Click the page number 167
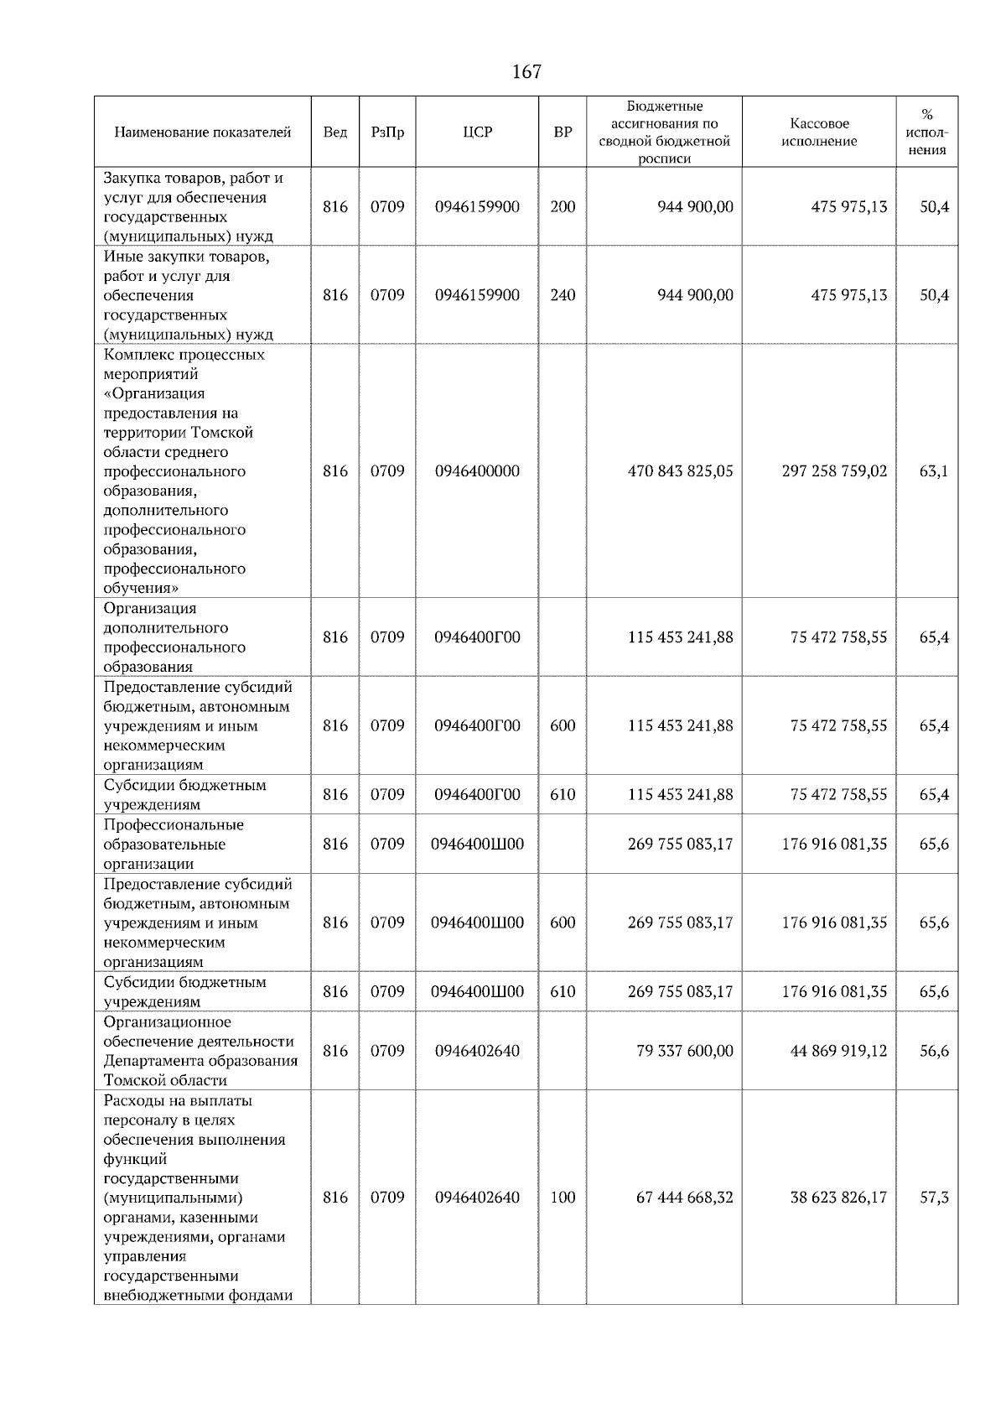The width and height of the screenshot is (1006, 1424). (526, 72)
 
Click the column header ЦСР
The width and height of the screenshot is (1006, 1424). (477, 133)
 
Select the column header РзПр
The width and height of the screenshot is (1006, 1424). (387, 133)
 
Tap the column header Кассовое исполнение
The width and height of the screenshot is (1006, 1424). (819, 133)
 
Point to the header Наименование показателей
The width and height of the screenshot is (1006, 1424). (203, 133)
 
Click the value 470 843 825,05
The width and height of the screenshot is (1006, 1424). (680, 471)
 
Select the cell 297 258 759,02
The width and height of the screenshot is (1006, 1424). (834, 471)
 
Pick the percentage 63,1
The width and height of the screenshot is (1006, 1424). (934, 471)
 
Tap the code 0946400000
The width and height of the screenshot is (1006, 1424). (477, 471)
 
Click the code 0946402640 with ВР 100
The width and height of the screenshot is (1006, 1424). (477, 1198)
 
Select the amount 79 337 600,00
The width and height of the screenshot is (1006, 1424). (685, 1051)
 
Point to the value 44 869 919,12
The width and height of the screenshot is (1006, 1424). (838, 1051)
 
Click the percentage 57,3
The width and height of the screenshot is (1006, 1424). (934, 1198)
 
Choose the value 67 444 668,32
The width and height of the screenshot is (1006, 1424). (685, 1198)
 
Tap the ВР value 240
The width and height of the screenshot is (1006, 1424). (563, 295)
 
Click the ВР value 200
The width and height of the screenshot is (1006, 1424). (563, 207)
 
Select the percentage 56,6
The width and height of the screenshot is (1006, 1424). (934, 1051)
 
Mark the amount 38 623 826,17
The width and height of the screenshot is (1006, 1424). (838, 1198)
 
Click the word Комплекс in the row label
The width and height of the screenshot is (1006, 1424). (137, 355)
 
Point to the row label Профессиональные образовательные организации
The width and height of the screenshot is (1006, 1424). (174, 845)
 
